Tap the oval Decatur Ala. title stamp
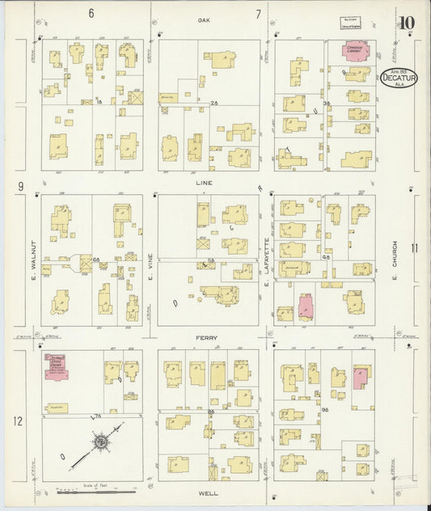tap(399, 77)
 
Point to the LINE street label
tap(203, 183)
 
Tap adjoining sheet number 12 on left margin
tap(18, 420)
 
